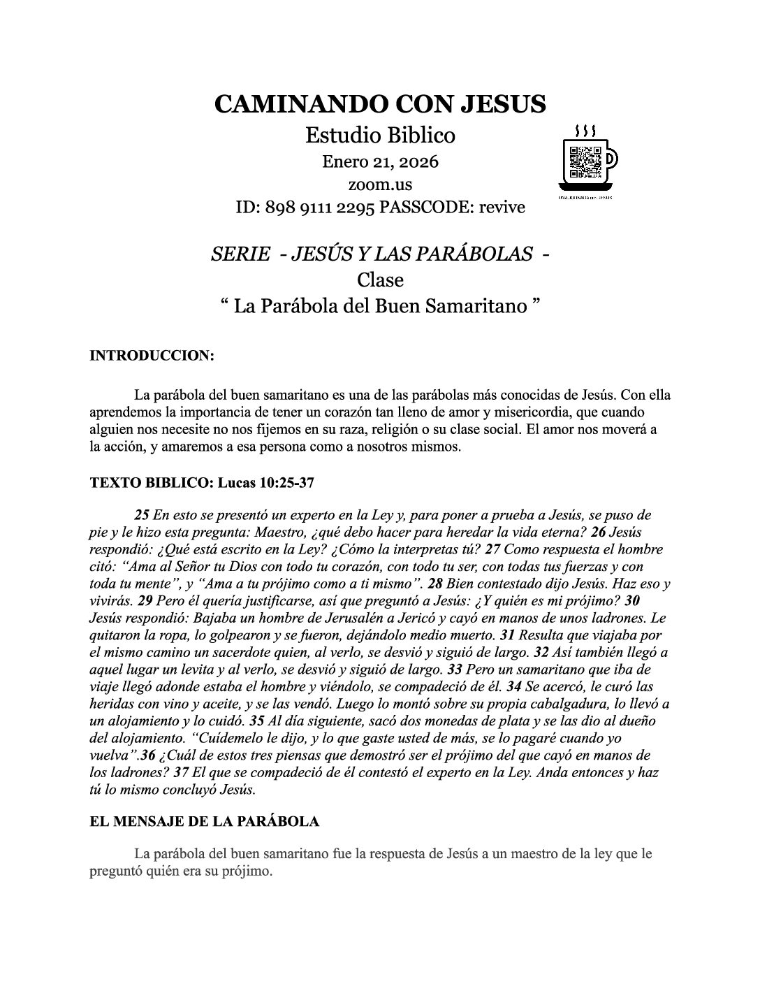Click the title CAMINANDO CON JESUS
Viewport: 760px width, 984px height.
[380, 103]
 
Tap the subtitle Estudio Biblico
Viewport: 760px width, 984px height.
[380, 134]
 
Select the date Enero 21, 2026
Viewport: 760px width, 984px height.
[380, 162]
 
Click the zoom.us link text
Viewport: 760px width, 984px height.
[380, 184]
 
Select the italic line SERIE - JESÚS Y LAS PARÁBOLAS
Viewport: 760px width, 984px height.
[372, 254]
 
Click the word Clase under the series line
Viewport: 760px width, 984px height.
[380, 280]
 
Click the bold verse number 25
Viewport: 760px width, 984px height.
[141, 516]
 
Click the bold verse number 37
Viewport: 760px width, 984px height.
[180, 772]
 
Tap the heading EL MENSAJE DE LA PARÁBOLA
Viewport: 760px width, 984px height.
[205, 821]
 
